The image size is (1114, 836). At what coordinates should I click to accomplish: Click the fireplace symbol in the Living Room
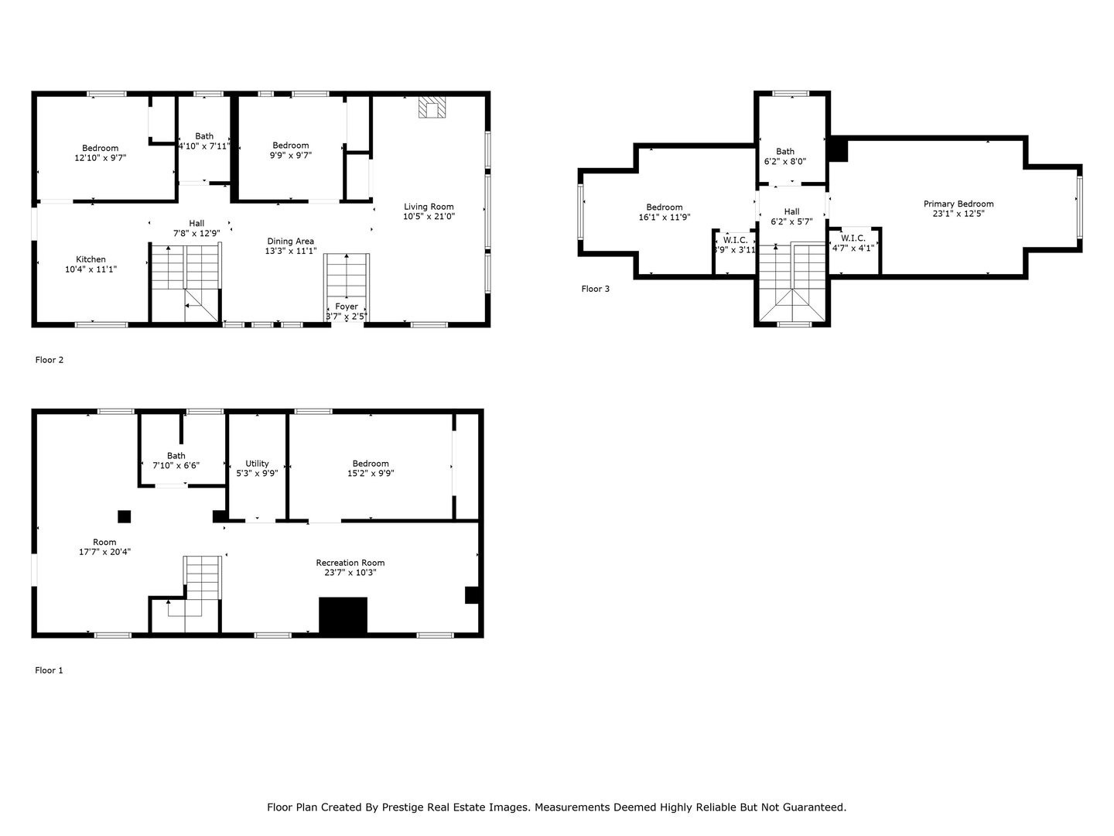[x=432, y=107]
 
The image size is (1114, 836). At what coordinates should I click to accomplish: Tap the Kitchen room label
[x=91, y=259]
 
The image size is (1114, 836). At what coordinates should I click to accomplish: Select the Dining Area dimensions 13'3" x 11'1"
[x=291, y=251]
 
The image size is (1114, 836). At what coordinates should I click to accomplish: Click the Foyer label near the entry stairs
[x=347, y=307]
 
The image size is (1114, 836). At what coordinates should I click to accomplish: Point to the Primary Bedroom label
[x=959, y=204]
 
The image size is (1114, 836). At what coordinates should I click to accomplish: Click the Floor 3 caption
[x=596, y=289]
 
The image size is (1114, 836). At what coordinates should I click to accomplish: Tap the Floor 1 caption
[x=49, y=670]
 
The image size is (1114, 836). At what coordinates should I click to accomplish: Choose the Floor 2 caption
[x=49, y=359]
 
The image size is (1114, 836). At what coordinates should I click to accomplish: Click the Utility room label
[x=257, y=464]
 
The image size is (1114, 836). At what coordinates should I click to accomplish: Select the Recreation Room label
[x=350, y=563]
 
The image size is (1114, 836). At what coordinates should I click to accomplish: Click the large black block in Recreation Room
[x=343, y=615]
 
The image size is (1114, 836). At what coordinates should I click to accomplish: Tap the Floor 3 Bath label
[x=785, y=152]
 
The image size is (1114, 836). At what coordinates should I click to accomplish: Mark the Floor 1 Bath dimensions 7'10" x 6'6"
[x=176, y=466]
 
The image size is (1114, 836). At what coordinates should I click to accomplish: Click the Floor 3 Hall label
[x=791, y=211]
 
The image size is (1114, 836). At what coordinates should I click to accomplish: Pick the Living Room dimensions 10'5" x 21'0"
[x=429, y=217]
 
